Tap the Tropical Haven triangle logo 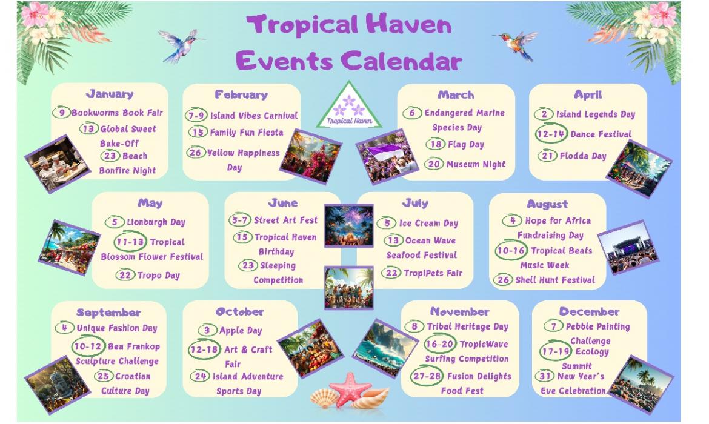click(x=349, y=106)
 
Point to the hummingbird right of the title click(x=516, y=44)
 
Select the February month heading click(x=241, y=94)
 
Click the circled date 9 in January click(x=61, y=112)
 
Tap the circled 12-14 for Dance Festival click(x=551, y=133)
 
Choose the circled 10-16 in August click(x=511, y=250)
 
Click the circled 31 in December click(x=544, y=376)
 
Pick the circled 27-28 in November click(x=427, y=376)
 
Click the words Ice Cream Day click(x=428, y=223)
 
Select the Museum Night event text click(x=476, y=164)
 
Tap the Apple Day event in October click(x=241, y=331)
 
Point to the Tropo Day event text click(x=159, y=275)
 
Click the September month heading click(x=108, y=313)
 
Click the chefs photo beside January click(x=58, y=164)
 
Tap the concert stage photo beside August click(x=628, y=247)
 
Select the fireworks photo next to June click(x=349, y=225)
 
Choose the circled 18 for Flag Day click(x=436, y=144)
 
